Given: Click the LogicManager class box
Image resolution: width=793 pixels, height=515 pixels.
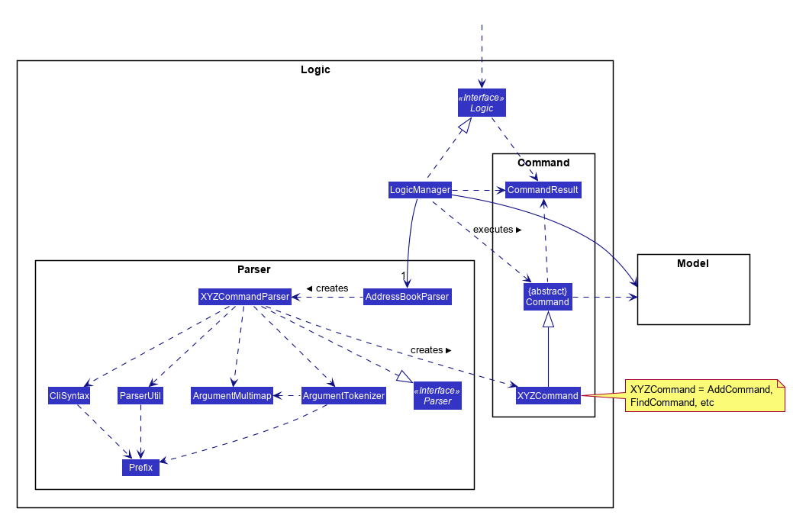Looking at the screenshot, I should (420, 189).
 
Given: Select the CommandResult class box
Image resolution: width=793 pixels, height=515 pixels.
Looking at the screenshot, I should (543, 189).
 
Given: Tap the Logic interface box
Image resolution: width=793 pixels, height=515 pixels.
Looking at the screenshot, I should (481, 103).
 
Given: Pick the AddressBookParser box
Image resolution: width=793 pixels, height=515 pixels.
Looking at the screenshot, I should (407, 296).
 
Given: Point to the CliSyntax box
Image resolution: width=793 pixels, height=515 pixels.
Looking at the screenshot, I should (69, 396).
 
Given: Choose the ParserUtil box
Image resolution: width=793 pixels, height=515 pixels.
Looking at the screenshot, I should (140, 396).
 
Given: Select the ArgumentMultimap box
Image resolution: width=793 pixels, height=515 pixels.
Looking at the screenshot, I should (232, 396).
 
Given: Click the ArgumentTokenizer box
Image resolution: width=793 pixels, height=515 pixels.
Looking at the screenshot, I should (343, 396).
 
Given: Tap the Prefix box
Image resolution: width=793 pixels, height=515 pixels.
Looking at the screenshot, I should (140, 467).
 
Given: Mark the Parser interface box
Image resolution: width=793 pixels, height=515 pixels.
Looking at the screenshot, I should (437, 396).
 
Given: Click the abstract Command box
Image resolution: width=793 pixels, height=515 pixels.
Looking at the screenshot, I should (547, 297).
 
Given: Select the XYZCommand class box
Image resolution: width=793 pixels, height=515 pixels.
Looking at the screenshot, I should (547, 395).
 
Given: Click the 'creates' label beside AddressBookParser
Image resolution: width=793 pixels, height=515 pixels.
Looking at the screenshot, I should (327, 288).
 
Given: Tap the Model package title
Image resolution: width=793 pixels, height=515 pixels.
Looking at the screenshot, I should (693, 264).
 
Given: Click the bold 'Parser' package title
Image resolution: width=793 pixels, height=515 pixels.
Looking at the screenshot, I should (254, 269).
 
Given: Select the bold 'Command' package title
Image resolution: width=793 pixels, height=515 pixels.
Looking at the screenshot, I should (543, 163).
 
